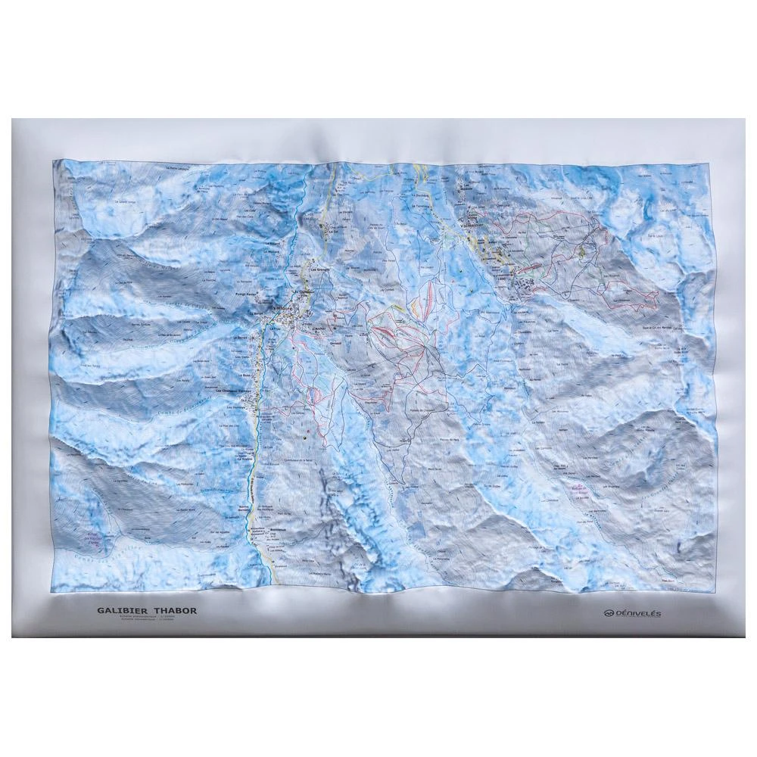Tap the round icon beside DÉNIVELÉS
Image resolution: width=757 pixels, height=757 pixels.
coord(607,613)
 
